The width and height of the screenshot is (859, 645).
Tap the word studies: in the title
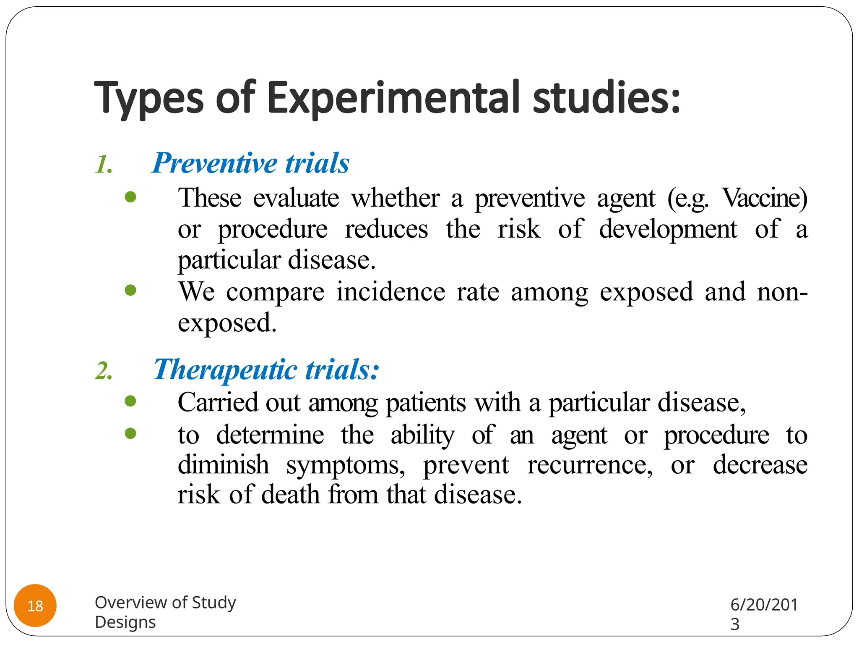point(606,98)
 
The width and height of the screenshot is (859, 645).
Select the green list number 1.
point(104,165)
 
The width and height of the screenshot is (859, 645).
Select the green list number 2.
point(104,371)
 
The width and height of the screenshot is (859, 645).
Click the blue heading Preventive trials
point(250,163)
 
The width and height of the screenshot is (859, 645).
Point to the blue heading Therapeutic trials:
point(266,370)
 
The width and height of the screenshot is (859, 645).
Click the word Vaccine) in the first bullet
point(764,198)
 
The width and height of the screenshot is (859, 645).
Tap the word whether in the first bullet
point(395,198)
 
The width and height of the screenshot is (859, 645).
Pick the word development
point(668,229)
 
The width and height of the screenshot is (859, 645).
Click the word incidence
point(390,291)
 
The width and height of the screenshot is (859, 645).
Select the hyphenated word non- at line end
point(782,291)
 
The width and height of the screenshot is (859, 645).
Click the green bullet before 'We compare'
point(130,290)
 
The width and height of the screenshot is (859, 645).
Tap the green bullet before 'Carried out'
point(130,401)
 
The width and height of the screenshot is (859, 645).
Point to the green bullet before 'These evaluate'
point(130,197)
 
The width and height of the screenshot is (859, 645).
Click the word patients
point(425,403)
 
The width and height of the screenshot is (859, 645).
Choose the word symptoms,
point(346,465)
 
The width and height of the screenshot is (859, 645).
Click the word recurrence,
point(590,465)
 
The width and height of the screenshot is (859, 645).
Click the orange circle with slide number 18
point(35,606)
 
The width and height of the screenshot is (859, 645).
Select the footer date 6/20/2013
point(763,614)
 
